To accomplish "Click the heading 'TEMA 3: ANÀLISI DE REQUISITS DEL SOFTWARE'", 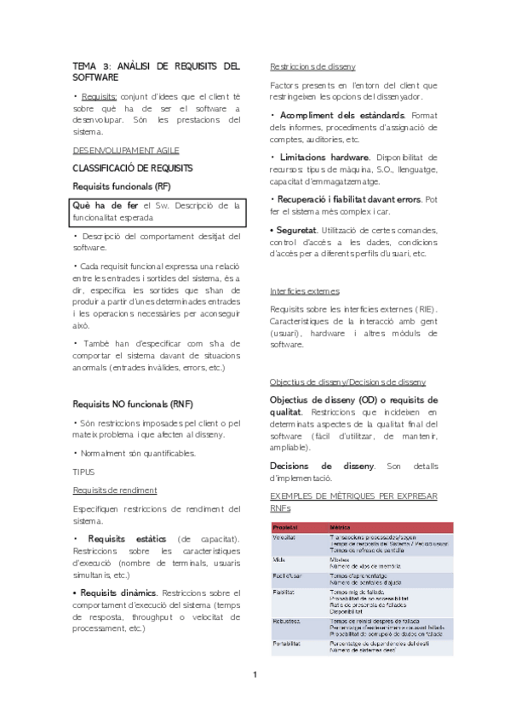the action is (x=156, y=72).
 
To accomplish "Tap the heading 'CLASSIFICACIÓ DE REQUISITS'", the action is (x=132, y=168).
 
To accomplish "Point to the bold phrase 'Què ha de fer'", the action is (x=106, y=205).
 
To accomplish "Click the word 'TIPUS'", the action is (x=83, y=471).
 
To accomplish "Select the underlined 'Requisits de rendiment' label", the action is (x=114, y=490).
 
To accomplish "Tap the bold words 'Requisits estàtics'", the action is (x=125, y=538).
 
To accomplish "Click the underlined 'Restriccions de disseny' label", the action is (x=312, y=66).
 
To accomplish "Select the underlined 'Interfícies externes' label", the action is (x=305, y=290).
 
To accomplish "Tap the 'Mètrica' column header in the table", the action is (x=340, y=526).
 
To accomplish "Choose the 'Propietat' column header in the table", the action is (x=287, y=526).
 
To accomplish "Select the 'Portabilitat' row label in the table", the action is (x=289, y=644).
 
